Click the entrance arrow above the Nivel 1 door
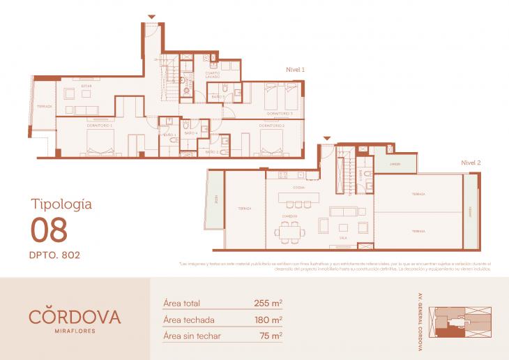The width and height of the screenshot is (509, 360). tap(152, 17)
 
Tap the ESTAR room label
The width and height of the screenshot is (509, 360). tap(86, 86)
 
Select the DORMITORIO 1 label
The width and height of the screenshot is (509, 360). tap(100, 126)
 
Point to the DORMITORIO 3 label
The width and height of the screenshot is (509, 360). tap(279, 112)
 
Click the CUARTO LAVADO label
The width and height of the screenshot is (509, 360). tap(213, 75)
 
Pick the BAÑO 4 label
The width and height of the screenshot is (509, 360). tap(191, 133)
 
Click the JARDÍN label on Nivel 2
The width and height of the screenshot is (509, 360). tap(395, 164)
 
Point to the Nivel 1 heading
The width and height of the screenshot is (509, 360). tap(296, 69)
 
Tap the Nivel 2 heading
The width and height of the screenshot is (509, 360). tap(471, 162)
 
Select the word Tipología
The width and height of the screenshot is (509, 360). tap(61, 204)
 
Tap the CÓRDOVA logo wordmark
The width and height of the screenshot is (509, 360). tap(75, 316)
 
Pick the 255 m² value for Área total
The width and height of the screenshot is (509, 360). tap(268, 303)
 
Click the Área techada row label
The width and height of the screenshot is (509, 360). tap(188, 320)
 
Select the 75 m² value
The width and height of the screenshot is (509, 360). tap(271, 336)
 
